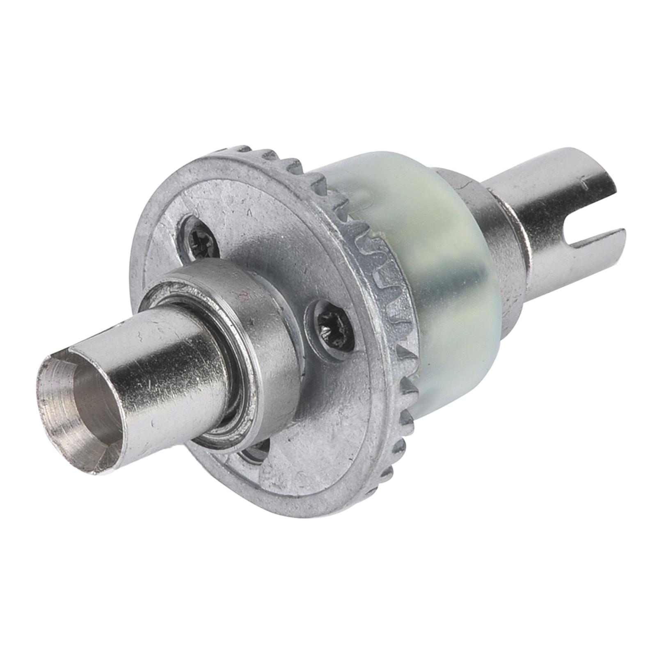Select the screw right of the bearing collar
pyautogui.click(x=333, y=328)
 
